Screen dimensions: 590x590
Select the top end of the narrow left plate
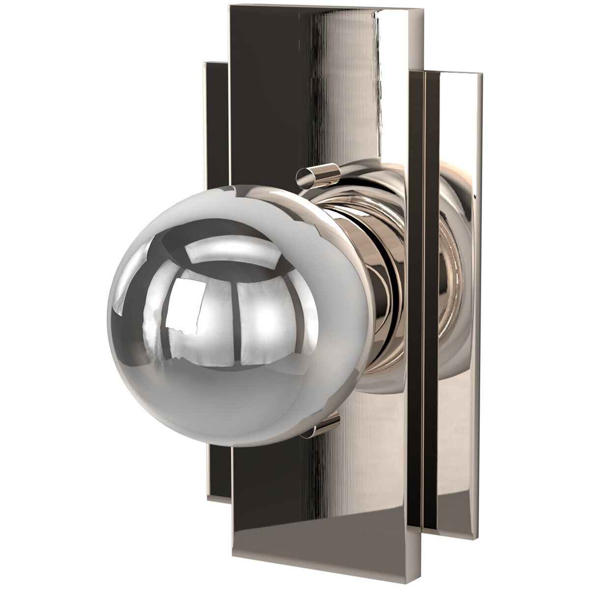coord(216,64)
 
